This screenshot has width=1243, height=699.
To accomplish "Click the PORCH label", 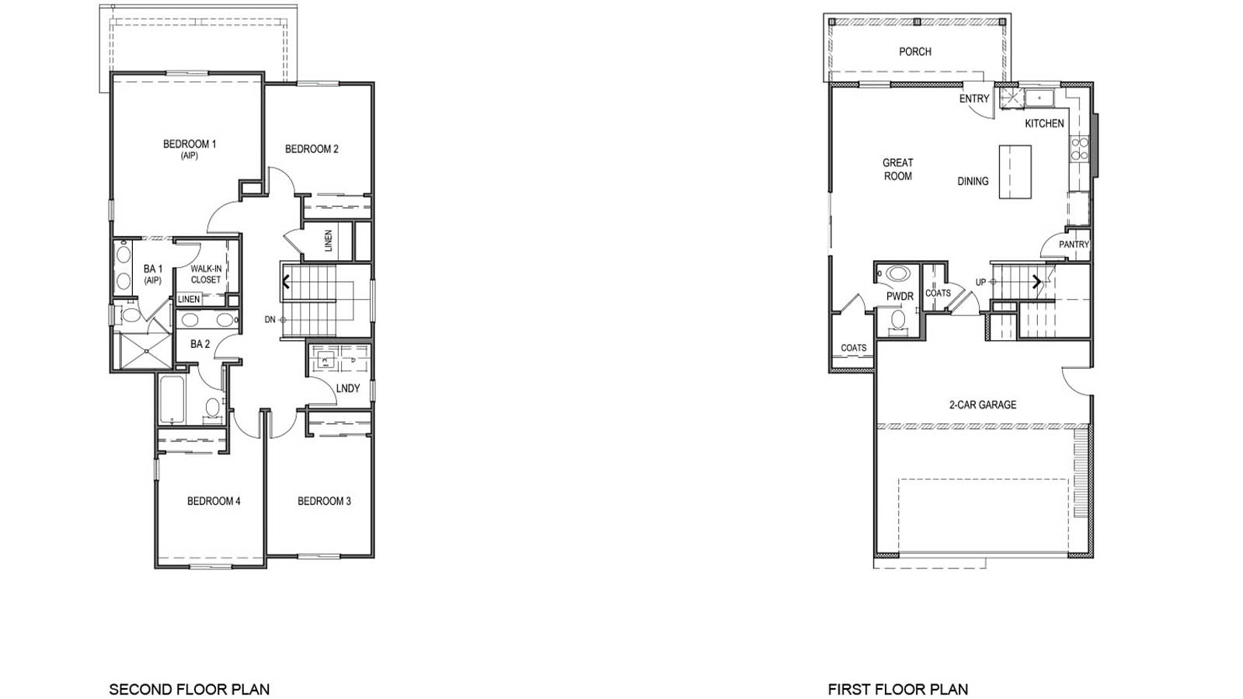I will tap(914, 51).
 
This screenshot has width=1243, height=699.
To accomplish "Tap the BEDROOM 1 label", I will tap(190, 144).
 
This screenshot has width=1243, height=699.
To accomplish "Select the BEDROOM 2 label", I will tap(312, 149).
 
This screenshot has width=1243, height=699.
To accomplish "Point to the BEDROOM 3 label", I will tap(324, 501).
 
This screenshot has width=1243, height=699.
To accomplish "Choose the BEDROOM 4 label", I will tap(214, 501).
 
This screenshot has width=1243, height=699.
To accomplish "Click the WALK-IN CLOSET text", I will tap(206, 274).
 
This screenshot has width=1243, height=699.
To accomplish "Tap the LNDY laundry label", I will tap(348, 388).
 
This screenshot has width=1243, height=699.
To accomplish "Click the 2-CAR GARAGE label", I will tap(982, 405).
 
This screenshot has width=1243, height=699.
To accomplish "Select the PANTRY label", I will tap(1074, 245).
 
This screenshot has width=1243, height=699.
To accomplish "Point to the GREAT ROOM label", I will tap(897, 169).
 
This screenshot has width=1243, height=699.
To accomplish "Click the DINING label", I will tap(973, 181).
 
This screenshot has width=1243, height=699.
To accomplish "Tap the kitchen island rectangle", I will tap(1015, 171).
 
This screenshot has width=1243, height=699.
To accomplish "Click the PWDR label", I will tap(900, 297).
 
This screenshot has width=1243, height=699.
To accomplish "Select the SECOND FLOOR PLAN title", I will tap(189, 689).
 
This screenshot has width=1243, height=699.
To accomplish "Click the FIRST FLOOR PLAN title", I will tap(897, 689).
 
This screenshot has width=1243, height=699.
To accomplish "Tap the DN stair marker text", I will tap(270, 319).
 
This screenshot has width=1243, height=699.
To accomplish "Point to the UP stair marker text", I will tap(980, 282).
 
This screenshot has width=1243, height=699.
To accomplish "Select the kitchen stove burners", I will tap(1079, 148).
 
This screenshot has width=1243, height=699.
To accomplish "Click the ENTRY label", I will tap(974, 99).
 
